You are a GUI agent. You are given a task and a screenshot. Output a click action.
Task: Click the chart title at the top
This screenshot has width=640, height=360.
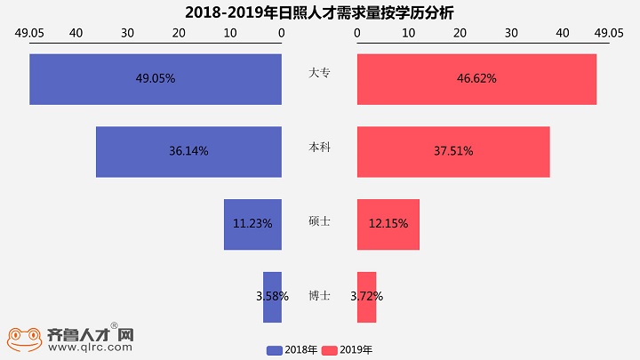click(x=319, y=12)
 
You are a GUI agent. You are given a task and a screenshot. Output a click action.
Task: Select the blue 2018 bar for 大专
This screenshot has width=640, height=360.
click(x=156, y=79)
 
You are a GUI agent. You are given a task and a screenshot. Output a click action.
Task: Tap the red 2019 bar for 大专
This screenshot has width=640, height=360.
click(x=476, y=79)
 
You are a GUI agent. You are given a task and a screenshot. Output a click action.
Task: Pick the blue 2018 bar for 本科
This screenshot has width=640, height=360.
click(x=188, y=152)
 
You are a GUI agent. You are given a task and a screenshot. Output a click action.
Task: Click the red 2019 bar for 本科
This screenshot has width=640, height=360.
click(x=453, y=152)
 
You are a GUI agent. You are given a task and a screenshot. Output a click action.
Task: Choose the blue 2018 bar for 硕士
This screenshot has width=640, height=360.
click(x=252, y=224)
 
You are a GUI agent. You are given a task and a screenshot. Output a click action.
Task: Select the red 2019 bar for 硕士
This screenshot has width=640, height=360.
click(x=388, y=224)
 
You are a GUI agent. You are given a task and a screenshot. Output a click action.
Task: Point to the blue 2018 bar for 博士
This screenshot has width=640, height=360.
click(x=272, y=297)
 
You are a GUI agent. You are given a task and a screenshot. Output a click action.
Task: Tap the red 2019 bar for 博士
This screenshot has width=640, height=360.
click(x=366, y=297)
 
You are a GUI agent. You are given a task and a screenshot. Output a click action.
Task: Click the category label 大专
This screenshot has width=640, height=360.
click(x=319, y=74)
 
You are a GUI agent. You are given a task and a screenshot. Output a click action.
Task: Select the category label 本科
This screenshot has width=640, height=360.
click(x=319, y=147)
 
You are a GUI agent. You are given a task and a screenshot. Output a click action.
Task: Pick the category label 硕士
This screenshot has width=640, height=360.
click(x=319, y=220)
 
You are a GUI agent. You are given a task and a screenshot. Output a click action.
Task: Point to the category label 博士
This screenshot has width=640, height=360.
click(x=319, y=295)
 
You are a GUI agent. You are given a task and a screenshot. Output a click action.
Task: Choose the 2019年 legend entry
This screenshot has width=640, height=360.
click(x=348, y=349)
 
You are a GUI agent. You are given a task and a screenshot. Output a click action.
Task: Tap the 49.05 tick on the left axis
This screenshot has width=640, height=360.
click(x=29, y=33)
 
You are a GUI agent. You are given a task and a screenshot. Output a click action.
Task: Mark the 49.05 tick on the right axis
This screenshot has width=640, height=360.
click(x=609, y=33)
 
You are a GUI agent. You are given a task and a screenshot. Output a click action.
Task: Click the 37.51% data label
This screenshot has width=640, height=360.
click(x=453, y=152)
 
